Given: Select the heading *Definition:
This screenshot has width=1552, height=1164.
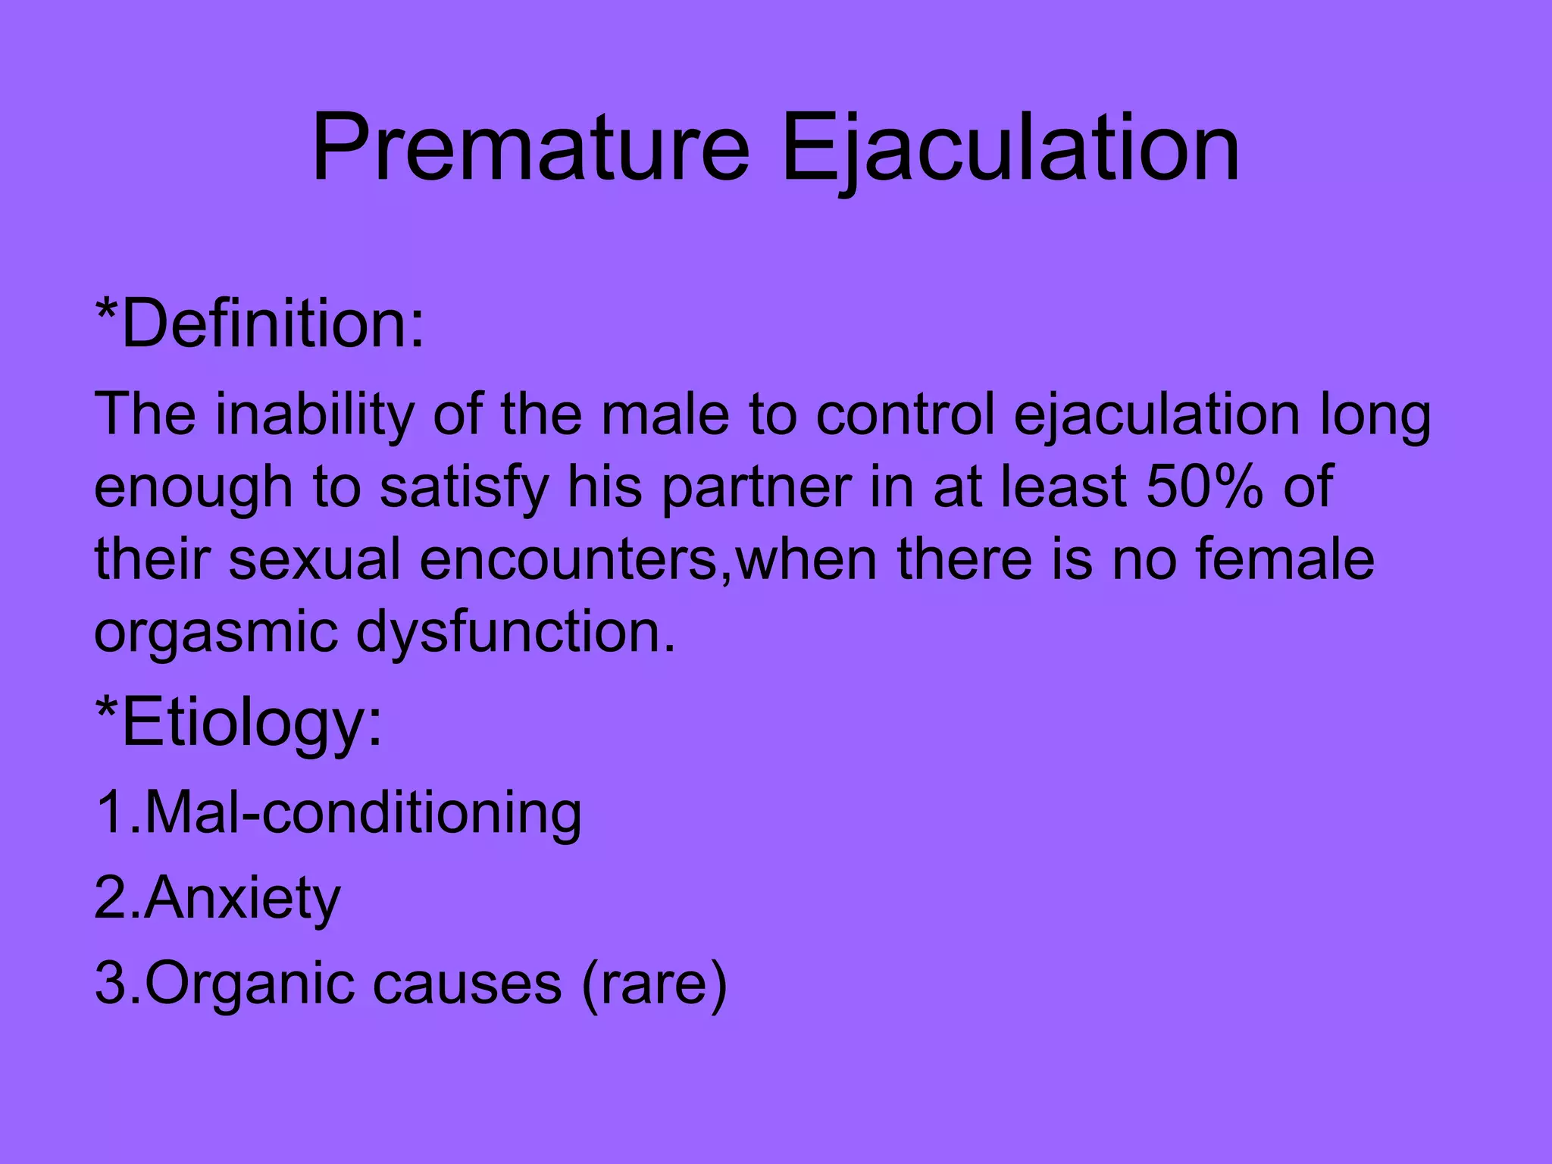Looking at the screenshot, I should tap(260, 324).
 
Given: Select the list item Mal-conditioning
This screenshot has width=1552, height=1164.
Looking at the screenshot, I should tap(339, 813).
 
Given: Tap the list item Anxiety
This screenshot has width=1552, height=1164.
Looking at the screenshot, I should tap(218, 898).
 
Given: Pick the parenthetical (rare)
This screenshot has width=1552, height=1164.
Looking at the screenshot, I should tap(654, 984).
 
